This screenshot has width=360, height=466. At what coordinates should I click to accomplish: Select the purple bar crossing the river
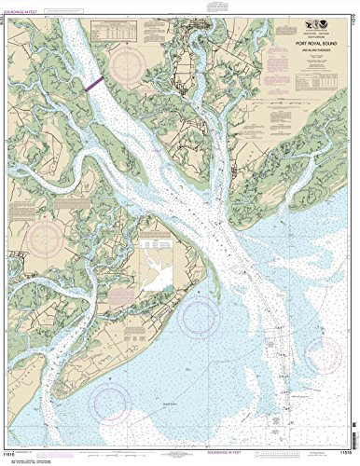click(94, 82)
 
